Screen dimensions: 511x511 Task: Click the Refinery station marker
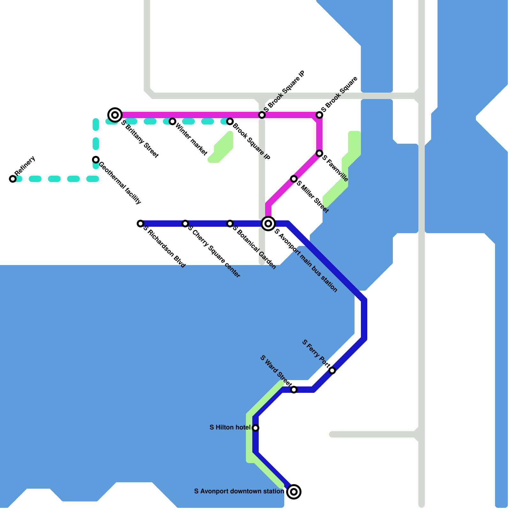(x=13, y=179)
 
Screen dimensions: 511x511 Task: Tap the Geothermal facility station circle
(x=96, y=160)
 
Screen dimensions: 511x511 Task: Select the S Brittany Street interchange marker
(x=115, y=115)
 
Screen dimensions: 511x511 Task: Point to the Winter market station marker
(x=172, y=121)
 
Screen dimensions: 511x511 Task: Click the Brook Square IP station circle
(x=230, y=121)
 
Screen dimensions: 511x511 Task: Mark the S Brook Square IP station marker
(x=262, y=115)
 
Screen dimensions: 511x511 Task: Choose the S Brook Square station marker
(x=319, y=115)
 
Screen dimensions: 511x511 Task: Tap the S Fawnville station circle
(x=319, y=154)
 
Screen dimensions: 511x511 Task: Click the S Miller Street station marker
(x=294, y=179)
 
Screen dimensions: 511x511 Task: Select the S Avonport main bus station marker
(x=268, y=224)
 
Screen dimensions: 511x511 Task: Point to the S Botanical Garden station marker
(x=230, y=224)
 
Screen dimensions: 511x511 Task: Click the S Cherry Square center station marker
(x=185, y=224)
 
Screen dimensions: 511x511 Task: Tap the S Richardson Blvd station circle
(x=141, y=224)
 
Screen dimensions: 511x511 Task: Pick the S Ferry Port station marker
(x=332, y=370)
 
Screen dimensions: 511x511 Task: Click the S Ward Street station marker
(x=294, y=390)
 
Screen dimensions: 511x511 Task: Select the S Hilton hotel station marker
(x=256, y=428)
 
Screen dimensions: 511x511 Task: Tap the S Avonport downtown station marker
(x=294, y=492)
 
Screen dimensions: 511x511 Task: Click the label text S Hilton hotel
(x=230, y=427)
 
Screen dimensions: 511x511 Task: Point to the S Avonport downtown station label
(x=239, y=491)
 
